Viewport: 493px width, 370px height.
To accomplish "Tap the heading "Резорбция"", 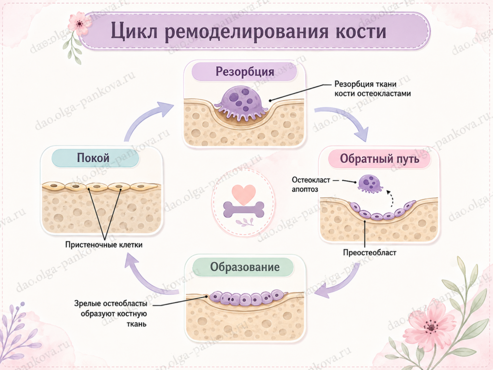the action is pyautogui.click(x=245, y=71).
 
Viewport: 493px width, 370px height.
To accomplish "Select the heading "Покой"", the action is pyautogui.click(x=93, y=158).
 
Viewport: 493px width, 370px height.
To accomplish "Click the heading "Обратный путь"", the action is pyautogui.click(x=379, y=159).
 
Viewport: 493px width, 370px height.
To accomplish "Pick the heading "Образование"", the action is pyautogui.click(x=245, y=267).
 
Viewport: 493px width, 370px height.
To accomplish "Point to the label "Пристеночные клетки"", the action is pyautogui.click(x=104, y=245).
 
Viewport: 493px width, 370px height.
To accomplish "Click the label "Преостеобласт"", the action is pyautogui.click(x=370, y=252).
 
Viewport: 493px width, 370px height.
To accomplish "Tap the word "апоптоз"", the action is pyautogui.click(x=305, y=189).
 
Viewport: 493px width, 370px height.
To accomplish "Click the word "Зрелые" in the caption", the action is pyautogui.click(x=88, y=304).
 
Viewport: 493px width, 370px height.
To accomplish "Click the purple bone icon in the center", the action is pyautogui.click(x=244, y=210).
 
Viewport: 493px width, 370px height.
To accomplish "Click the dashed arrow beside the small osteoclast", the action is pyautogui.click(x=391, y=198).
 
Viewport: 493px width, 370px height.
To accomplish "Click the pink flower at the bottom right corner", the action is pyautogui.click(x=430, y=328).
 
